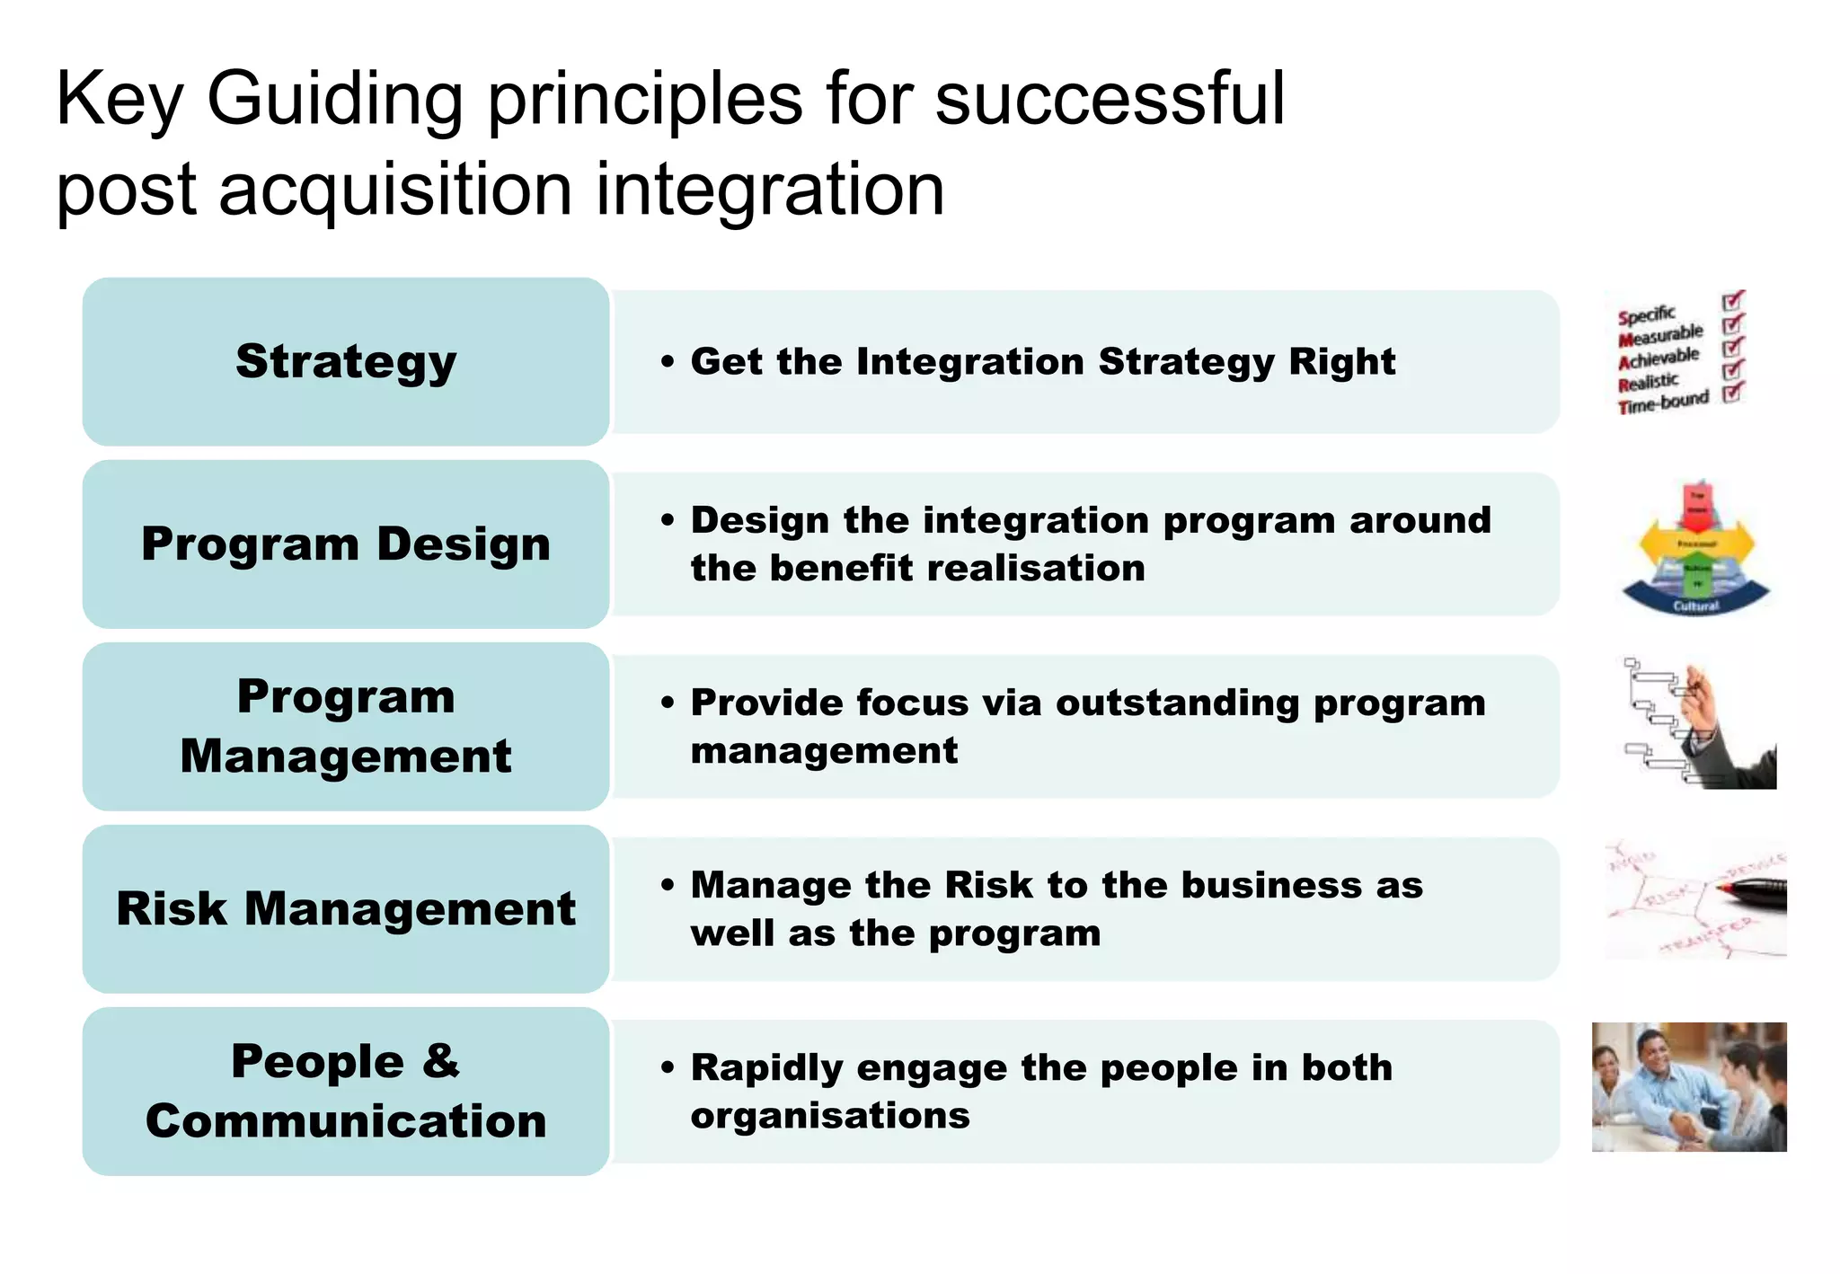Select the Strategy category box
tap(346, 362)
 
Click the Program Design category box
tap(346, 544)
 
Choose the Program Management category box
tap(346, 727)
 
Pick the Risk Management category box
tap(346, 909)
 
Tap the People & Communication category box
tap(346, 1092)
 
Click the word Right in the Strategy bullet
tap(1341, 362)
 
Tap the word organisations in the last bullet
tap(830, 1116)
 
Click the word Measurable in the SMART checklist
tap(1660, 335)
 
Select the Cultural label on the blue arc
tap(1695, 606)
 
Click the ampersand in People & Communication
tap(440, 1061)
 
